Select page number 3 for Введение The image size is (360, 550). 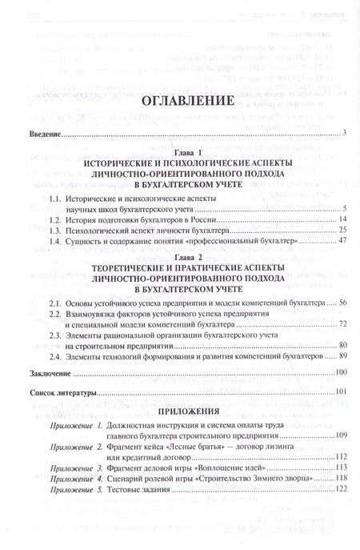[x=342, y=133]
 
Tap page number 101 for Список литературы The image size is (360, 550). [x=339, y=391]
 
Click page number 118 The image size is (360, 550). [x=339, y=477]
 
